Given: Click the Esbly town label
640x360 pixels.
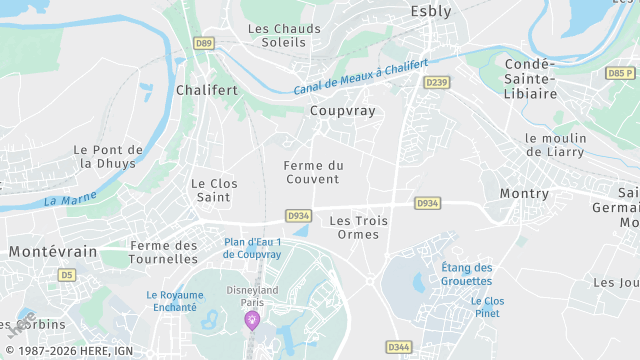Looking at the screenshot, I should pyautogui.click(x=431, y=12).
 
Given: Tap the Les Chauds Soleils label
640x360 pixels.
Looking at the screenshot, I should pyautogui.click(x=284, y=36).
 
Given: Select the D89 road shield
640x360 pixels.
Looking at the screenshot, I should pyautogui.click(x=205, y=43).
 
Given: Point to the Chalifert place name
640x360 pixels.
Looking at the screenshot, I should pyautogui.click(x=206, y=90).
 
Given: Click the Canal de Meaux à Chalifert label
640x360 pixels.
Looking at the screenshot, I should pyautogui.click(x=367, y=76).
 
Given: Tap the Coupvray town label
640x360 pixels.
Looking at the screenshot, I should pyautogui.click(x=342, y=111).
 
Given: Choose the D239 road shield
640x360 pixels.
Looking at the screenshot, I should pyautogui.click(x=436, y=82).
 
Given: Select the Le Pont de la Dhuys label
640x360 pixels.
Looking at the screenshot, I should pyautogui.click(x=109, y=156).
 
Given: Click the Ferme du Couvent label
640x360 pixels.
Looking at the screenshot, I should pyautogui.click(x=313, y=172).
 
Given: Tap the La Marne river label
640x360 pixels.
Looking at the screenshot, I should pyautogui.click(x=64, y=200).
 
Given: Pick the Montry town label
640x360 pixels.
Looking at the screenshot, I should pyautogui.click(x=524, y=193).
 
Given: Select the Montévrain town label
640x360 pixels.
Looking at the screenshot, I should pyautogui.click(x=53, y=252).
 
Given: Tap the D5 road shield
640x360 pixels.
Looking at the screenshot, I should pyautogui.click(x=67, y=274).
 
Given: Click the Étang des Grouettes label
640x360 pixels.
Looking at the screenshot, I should pyautogui.click(x=466, y=274).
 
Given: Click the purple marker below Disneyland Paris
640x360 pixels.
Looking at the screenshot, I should pyautogui.click(x=252, y=320).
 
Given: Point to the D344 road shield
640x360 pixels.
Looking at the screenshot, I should pyautogui.click(x=398, y=346).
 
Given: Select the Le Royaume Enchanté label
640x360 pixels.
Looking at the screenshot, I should pyautogui.click(x=174, y=301).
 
